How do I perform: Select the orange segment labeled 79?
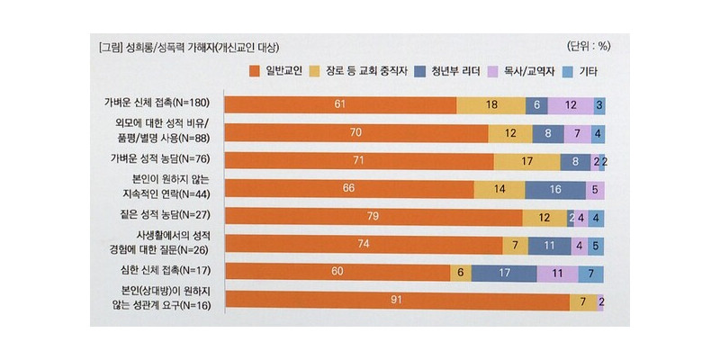pos(373,217)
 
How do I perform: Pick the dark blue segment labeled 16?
pos(554,189)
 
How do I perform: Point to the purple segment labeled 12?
pos(571,105)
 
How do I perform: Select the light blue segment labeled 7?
pos(589,272)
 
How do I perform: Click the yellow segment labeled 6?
pos(460,272)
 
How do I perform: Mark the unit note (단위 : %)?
pos(589,45)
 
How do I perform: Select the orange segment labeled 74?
pos(363,244)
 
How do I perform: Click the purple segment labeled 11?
pos(558,272)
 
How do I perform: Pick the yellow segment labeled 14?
pos(499,189)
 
